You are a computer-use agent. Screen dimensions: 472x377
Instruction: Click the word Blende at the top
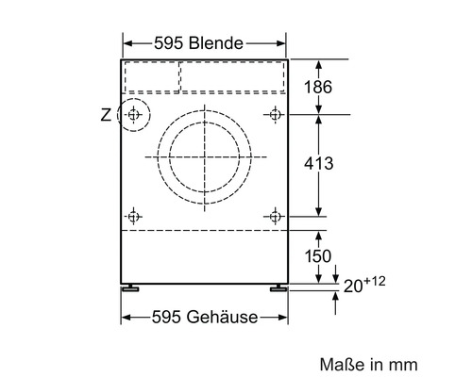pos(216,43)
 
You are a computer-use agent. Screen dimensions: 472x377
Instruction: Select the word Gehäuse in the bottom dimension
pos(222,317)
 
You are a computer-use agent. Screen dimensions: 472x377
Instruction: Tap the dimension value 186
pos(318,87)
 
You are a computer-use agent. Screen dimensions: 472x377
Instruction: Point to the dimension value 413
pos(318,163)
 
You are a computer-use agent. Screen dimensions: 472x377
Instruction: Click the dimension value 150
pos(318,256)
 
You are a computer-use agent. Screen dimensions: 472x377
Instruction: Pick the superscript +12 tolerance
pos(375,281)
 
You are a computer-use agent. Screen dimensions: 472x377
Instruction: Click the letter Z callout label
pos(106,115)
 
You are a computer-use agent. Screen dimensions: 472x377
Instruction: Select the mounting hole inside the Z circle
pos(133,115)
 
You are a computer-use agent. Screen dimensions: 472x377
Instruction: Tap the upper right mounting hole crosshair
pos(275,115)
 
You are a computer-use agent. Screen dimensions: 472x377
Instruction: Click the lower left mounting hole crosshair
pos(133,217)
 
